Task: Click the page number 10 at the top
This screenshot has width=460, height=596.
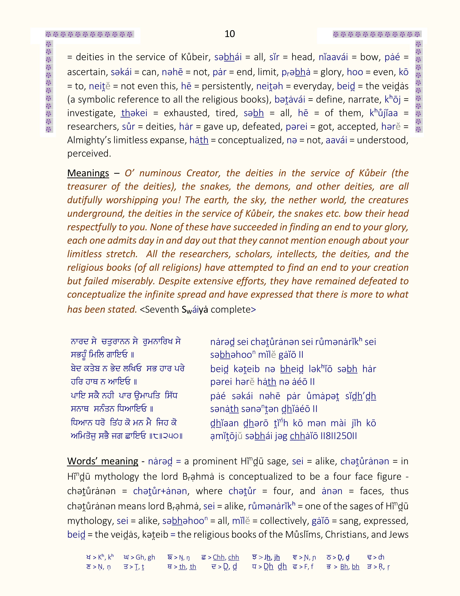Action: pyautogui.click(x=230, y=34)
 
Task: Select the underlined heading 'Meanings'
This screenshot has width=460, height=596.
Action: pyautogui.click(x=88, y=173)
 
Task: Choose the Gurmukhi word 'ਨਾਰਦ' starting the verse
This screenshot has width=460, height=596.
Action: pyautogui.click(x=80, y=341)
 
